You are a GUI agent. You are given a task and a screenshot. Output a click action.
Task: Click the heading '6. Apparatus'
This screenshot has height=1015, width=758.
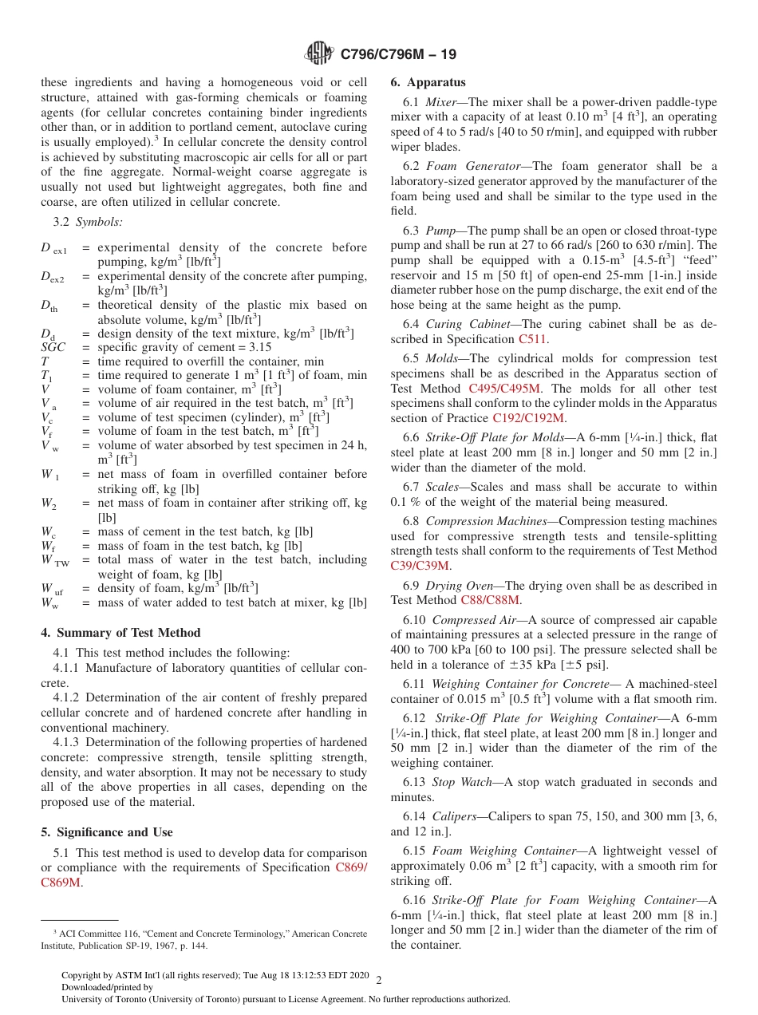[428, 82]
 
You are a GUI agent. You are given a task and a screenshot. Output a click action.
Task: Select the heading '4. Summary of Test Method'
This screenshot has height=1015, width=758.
[120, 633]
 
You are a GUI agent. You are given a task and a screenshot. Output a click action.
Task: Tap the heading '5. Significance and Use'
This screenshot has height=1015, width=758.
[107, 831]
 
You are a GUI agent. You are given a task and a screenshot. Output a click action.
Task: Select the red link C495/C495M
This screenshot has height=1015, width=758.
[504, 389]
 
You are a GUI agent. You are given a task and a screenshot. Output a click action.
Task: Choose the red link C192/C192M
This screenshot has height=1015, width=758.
[528, 418]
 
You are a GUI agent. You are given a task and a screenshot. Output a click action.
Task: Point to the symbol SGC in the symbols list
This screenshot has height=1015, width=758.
[53, 347]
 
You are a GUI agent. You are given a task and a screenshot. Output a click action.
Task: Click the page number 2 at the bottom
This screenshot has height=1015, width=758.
[379, 981]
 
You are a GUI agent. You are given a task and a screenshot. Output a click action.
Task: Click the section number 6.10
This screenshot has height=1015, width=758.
[416, 619]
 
